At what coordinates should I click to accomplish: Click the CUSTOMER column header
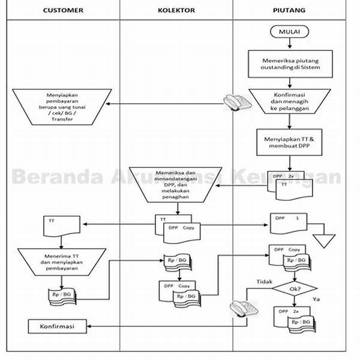click(x=63, y=11)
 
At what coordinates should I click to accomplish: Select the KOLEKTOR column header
click(x=176, y=11)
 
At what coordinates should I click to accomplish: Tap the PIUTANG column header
click(x=289, y=11)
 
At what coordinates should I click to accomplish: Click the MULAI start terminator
click(x=289, y=31)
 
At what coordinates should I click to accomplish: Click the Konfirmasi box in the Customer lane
click(x=58, y=326)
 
